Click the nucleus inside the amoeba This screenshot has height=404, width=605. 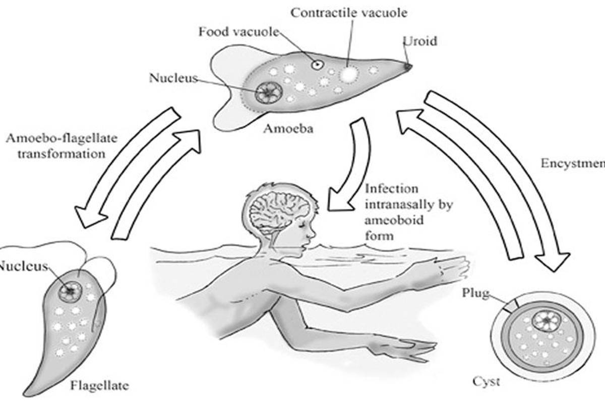click(269, 91)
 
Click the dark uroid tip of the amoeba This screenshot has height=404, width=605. click(407, 66)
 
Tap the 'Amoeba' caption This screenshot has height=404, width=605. click(288, 128)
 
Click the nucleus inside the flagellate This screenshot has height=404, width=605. click(71, 290)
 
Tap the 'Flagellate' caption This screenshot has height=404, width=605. click(99, 386)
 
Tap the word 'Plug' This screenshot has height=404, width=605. click(474, 293)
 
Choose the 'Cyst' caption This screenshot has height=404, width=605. click(486, 381)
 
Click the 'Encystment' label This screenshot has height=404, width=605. click(572, 163)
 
